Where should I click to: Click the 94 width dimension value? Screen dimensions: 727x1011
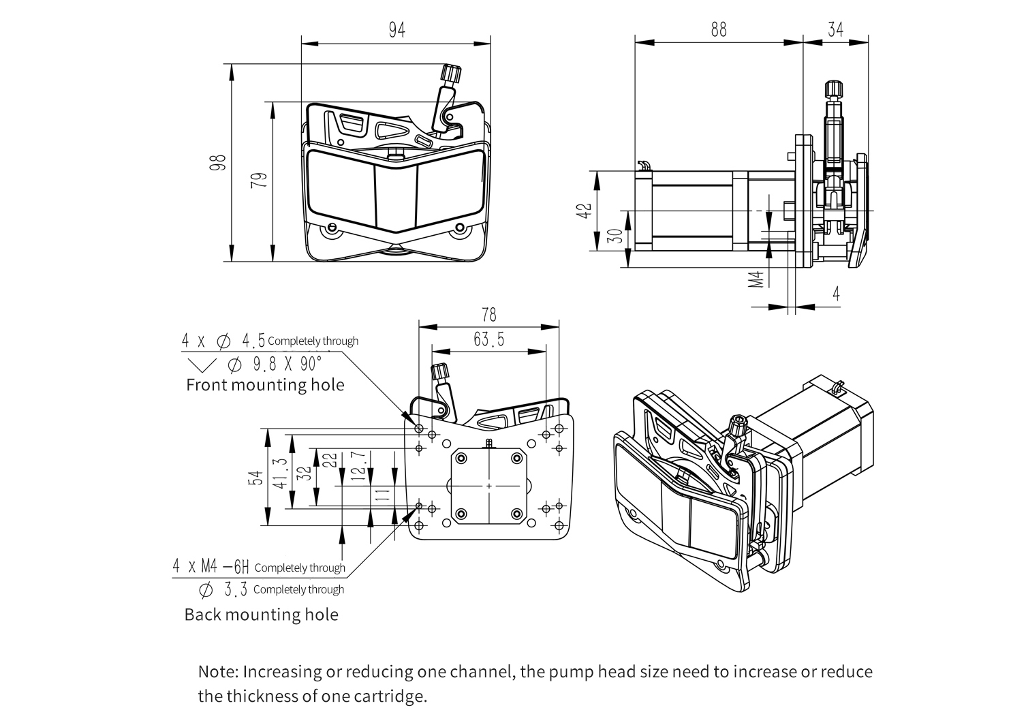click(x=396, y=31)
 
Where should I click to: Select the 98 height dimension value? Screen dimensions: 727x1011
click(x=218, y=163)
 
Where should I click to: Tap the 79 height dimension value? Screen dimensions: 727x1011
click(x=259, y=180)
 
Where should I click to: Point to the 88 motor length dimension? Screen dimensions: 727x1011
click(x=718, y=30)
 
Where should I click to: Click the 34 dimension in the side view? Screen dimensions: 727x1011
click(x=835, y=30)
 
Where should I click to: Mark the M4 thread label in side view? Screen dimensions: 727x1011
click(x=756, y=279)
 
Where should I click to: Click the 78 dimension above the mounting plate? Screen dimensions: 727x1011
click(x=488, y=314)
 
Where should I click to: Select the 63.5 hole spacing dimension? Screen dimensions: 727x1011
click(x=488, y=339)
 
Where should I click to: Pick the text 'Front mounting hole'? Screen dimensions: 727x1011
click(x=265, y=385)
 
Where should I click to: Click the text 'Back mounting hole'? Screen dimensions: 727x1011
click(x=261, y=615)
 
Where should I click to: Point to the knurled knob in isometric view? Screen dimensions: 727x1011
click(x=738, y=426)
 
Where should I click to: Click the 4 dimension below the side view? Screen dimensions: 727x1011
click(x=836, y=293)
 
